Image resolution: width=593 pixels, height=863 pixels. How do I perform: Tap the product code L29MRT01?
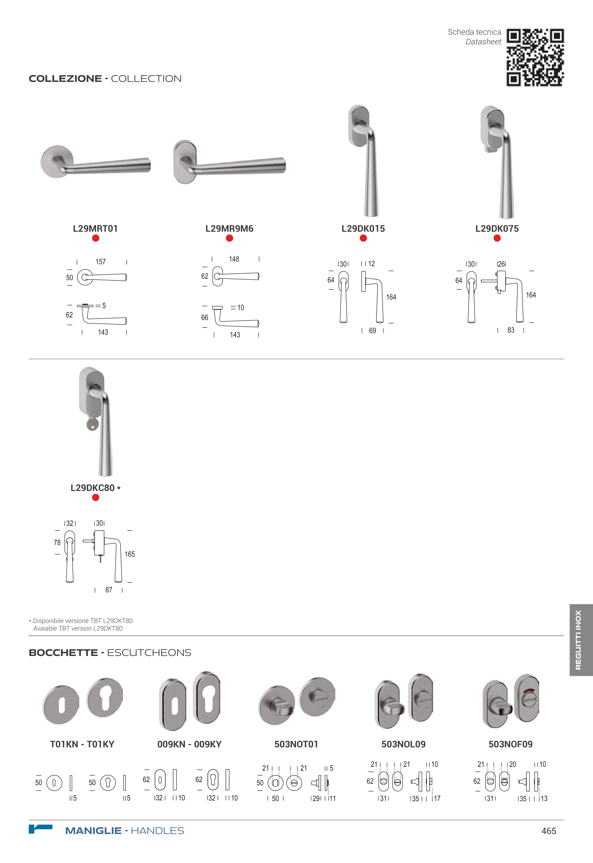click(95, 229)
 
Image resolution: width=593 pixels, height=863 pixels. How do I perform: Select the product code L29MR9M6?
click(229, 229)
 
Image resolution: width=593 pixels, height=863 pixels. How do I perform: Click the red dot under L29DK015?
click(363, 238)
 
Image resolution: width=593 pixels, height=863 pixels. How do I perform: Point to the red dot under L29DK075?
click(497, 238)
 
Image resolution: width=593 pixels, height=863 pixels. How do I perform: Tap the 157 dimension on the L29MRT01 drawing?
click(101, 262)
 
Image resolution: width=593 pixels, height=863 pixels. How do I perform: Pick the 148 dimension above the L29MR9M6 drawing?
click(234, 259)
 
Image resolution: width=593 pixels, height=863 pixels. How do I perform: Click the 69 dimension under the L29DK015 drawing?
click(372, 330)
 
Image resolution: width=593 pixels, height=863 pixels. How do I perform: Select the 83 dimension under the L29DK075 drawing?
click(511, 330)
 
